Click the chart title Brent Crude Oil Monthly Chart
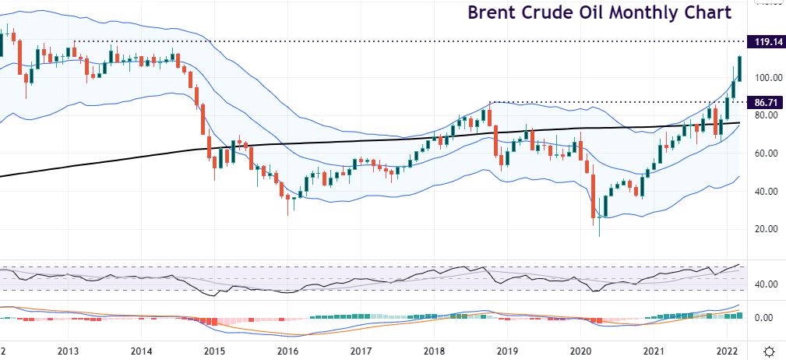click(x=599, y=13)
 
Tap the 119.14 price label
click(x=764, y=42)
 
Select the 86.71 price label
click(x=764, y=102)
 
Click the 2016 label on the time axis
click(x=288, y=351)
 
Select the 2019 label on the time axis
click(x=508, y=351)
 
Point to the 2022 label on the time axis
click(x=728, y=351)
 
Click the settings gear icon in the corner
click(x=769, y=351)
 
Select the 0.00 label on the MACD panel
click(x=764, y=318)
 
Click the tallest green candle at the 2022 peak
click(x=739, y=69)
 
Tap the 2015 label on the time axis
click(x=215, y=351)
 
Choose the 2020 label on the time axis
click(x=581, y=351)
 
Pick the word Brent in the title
click(x=491, y=13)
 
